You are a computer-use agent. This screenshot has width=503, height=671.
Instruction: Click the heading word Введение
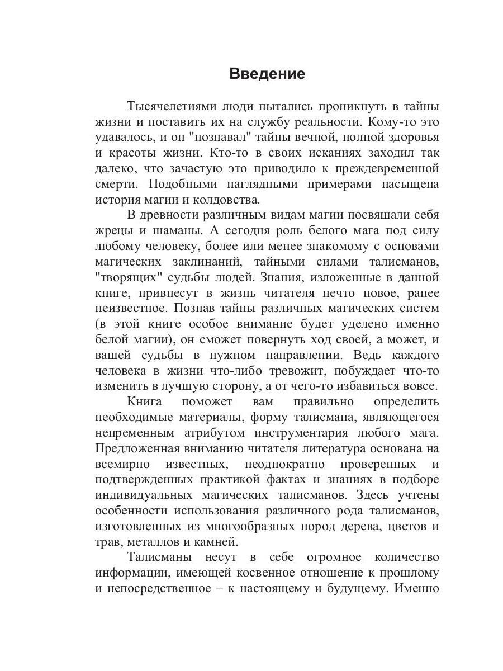[267, 74]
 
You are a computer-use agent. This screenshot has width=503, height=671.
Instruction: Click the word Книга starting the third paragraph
[144, 401]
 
